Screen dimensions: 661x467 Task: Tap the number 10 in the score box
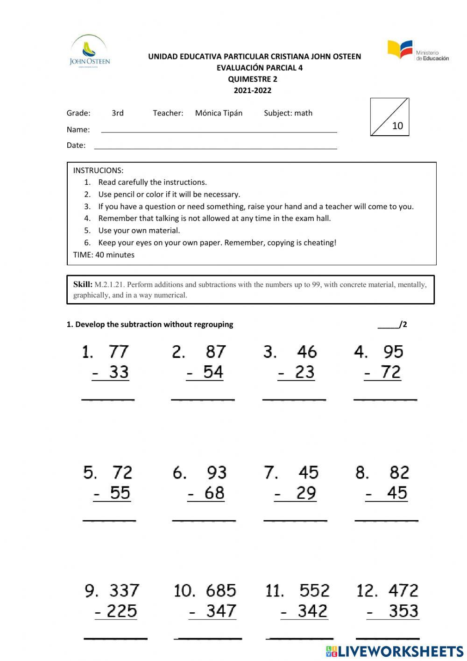397,125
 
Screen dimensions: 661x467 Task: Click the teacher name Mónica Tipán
219,113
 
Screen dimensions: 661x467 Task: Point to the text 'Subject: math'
288,113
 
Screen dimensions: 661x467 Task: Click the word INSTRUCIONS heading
98,170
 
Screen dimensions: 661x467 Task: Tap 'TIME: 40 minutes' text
104,255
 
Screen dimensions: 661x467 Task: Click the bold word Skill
82,284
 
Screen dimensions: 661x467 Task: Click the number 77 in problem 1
119,352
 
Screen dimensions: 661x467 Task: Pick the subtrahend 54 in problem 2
213,372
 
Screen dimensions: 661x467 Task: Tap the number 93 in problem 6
217,472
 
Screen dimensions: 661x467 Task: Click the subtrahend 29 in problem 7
306,493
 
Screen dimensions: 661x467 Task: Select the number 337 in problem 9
124,590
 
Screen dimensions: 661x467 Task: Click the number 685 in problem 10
220,590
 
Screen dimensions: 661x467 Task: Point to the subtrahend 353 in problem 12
403,611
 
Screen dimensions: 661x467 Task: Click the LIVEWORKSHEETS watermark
395,651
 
